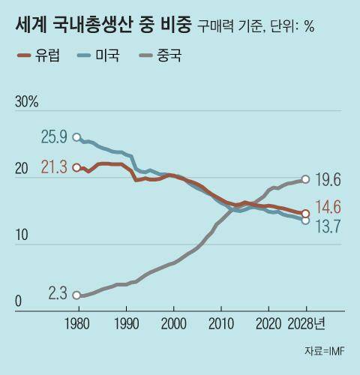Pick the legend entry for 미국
[x=105, y=55]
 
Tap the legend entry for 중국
[x=166, y=55]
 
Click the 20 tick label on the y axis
[x=22, y=170]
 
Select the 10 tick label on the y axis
[x=22, y=236]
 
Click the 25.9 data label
[x=54, y=137]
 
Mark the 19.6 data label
[x=327, y=179]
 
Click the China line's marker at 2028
[x=305, y=178]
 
